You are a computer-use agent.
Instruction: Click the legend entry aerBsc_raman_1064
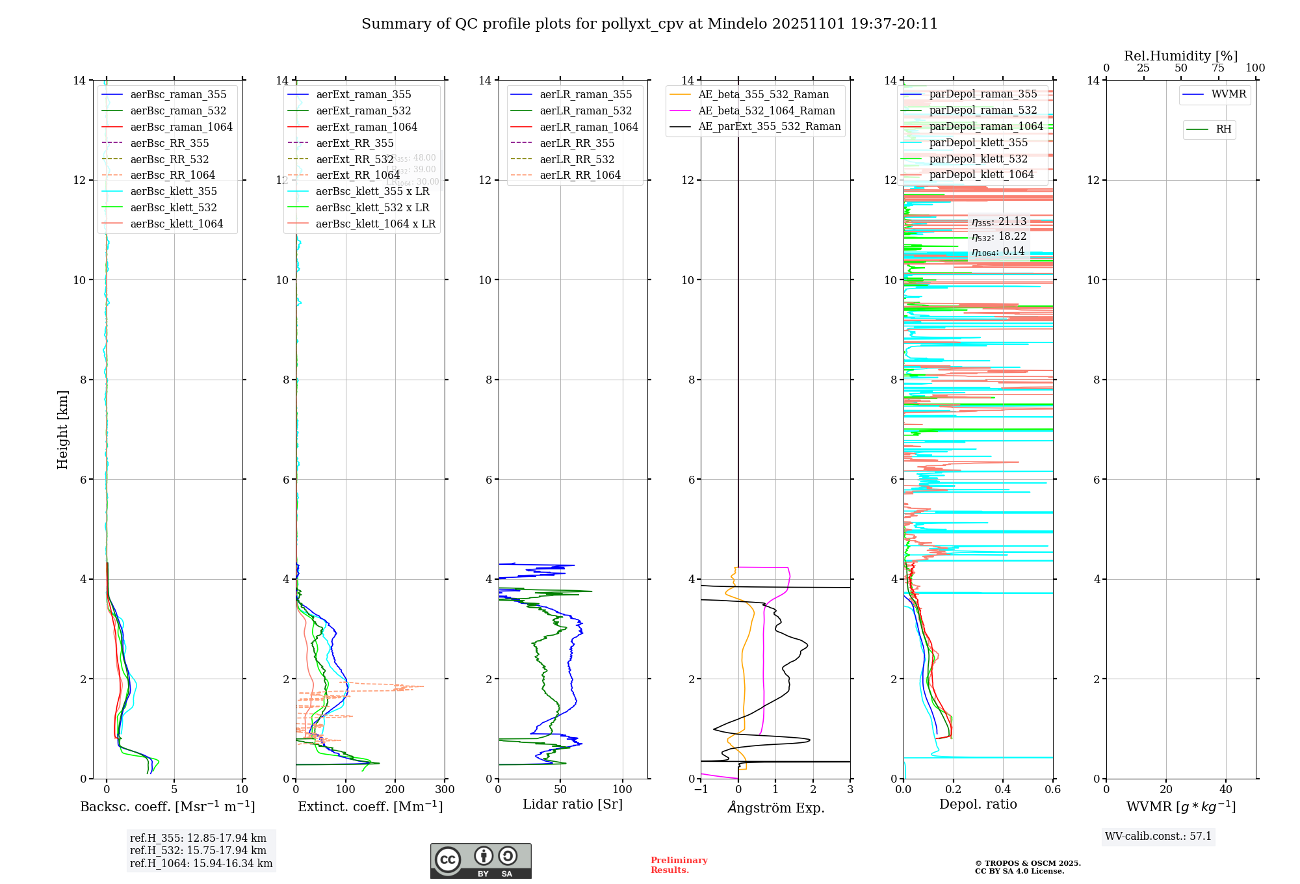coord(181,127)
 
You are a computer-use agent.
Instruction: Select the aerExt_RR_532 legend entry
coord(354,159)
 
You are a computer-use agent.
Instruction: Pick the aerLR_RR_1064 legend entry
coord(580,175)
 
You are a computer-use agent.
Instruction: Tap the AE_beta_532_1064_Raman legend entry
coord(766,110)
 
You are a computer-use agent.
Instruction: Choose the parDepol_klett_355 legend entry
coord(978,142)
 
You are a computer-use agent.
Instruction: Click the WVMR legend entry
coord(1228,94)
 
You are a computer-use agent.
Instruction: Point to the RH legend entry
coord(1223,129)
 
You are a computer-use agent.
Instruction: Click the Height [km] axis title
coord(62,429)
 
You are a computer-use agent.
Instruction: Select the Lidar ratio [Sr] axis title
coord(572,804)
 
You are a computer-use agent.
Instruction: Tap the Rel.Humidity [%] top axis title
coord(1180,56)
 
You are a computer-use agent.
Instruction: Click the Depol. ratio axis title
coord(978,804)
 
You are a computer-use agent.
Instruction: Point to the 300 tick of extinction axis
coord(445,790)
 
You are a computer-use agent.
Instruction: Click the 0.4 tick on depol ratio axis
coord(1003,790)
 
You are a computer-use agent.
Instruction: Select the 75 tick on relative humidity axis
coord(1218,68)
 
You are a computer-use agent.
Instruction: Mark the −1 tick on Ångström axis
coord(701,790)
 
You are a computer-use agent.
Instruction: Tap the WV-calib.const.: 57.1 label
coord(1158,836)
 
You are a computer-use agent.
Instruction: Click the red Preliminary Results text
coord(679,864)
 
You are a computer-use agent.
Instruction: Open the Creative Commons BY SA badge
coord(480,861)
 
